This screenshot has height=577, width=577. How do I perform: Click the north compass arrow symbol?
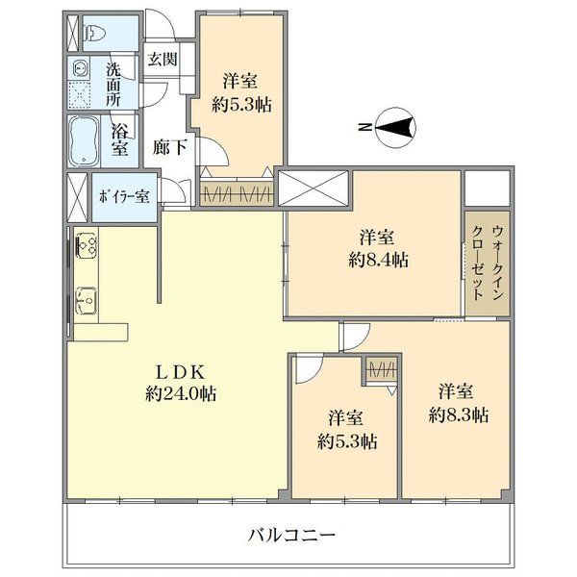point(395,127)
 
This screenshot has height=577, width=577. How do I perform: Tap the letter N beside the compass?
point(363,127)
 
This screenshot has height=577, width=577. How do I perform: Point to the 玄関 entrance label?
point(162,59)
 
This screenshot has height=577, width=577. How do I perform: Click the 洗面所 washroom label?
point(113,84)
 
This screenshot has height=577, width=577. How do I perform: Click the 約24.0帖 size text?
point(180,392)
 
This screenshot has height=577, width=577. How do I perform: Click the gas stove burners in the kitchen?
point(84,248)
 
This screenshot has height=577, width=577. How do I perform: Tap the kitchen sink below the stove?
point(84,300)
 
